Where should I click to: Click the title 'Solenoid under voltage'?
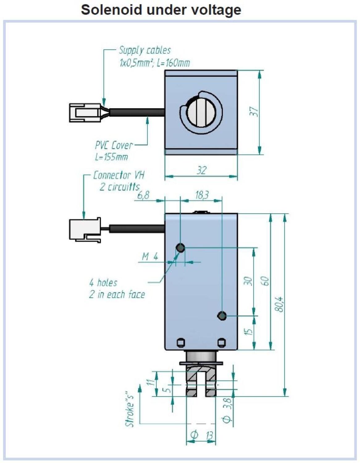pyautogui.click(x=161, y=10)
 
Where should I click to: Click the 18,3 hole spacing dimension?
pyautogui.click(x=202, y=195)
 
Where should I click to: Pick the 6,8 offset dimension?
pyautogui.click(x=143, y=195)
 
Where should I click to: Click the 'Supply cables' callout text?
pyautogui.click(x=145, y=50)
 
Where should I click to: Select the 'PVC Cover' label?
pyautogui.click(x=114, y=145)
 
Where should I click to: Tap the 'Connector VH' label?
pyautogui.click(x=119, y=175)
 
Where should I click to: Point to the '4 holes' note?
pyautogui.click(x=103, y=283)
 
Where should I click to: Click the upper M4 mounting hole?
pyautogui.click(x=180, y=248)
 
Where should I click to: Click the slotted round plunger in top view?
pyautogui.click(x=201, y=112)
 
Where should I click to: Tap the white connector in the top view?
pyautogui.click(x=85, y=113)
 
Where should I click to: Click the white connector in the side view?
pyautogui.click(x=85, y=230)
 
